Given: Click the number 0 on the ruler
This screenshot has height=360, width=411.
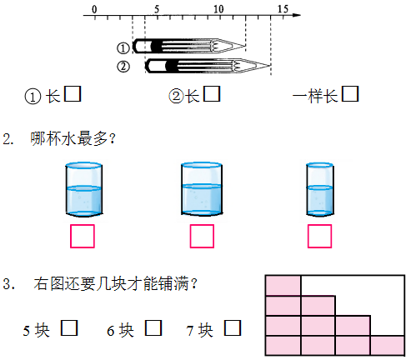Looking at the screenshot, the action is (x=94, y=9).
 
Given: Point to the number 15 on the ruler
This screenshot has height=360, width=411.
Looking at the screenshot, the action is (x=283, y=9).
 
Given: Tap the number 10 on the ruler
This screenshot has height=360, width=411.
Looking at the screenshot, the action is (x=218, y=9).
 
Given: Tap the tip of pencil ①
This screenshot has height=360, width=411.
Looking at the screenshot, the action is (x=245, y=46).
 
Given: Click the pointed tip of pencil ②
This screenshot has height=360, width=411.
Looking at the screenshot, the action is (x=270, y=66).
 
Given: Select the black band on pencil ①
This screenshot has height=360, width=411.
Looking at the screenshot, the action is (x=156, y=46).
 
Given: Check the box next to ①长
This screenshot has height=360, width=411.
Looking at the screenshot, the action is (x=73, y=94).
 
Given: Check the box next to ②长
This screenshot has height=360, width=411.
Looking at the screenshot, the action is (x=212, y=94).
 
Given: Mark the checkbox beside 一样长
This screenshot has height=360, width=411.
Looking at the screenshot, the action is (x=350, y=94).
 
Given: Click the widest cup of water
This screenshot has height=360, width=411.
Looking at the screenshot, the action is (x=202, y=189).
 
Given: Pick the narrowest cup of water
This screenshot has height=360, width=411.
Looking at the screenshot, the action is (x=320, y=189).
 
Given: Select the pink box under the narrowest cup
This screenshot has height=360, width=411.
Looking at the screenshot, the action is (x=319, y=236).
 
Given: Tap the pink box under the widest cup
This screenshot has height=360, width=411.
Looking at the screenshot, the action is (x=202, y=236).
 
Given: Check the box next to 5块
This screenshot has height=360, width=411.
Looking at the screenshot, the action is (x=69, y=327).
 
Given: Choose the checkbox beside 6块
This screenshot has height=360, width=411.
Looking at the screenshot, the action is (x=153, y=327).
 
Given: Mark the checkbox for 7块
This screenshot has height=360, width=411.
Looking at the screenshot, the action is (x=233, y=327).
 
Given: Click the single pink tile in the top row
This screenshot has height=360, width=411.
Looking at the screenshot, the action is (x=283, y=286).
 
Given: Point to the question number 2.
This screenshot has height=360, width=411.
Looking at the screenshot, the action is (x=8, y=138).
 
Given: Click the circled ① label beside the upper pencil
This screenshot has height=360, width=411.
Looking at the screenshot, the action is (x=123, y=48).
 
